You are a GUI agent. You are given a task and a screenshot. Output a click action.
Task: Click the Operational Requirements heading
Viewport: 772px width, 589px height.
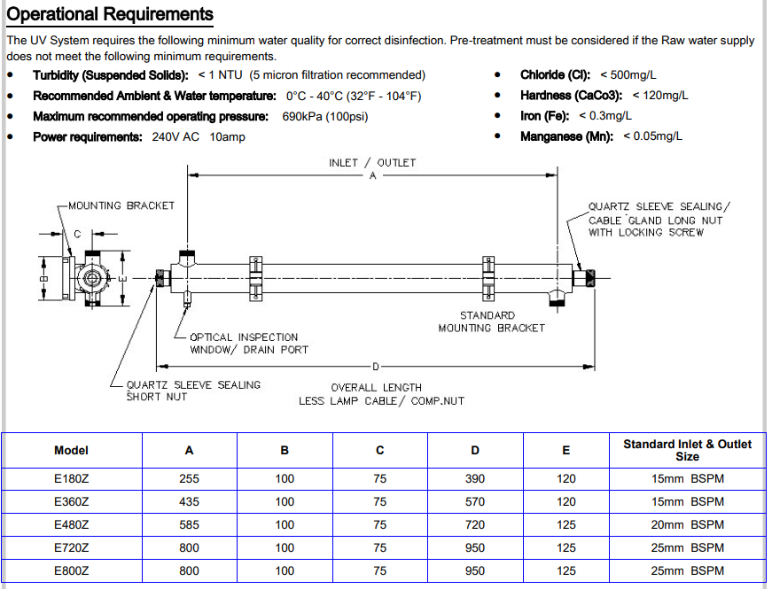coord(110,14)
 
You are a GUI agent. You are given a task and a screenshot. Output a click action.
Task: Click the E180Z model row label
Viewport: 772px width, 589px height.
coord(71,478)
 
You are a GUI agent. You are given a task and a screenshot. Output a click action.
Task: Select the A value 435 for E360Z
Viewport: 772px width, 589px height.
coord(189,501)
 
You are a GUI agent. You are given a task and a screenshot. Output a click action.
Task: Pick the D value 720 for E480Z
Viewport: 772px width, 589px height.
coord(475,524)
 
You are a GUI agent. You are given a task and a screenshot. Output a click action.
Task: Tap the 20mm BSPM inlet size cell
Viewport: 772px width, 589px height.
coord(687,524)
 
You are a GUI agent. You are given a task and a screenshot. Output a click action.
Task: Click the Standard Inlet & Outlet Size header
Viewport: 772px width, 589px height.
coord(687,450)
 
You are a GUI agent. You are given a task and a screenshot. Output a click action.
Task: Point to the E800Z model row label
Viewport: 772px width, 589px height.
coord(71,571)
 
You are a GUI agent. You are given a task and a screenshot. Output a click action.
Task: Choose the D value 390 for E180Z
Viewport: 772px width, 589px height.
coord(475,478)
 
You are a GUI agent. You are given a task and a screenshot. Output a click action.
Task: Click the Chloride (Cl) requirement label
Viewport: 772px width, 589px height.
coord(557,75)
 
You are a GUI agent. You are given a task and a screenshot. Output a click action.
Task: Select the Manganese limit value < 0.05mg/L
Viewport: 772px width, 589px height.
coord(652,136)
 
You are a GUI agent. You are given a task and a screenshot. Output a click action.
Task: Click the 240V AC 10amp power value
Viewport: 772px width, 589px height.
coord(199,136)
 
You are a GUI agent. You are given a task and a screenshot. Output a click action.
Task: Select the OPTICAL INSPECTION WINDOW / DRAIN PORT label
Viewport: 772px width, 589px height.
coord(249,344)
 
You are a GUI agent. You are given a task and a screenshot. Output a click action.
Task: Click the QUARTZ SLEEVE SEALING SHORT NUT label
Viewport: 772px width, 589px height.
coord(193,391)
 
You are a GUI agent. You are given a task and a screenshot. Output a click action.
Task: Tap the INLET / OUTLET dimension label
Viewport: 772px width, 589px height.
coord(372,162)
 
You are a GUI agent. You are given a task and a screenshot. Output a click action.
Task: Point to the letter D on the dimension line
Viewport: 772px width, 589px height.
coord(375,366)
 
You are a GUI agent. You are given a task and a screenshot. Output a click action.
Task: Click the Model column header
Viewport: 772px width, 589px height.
coord(71,450)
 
